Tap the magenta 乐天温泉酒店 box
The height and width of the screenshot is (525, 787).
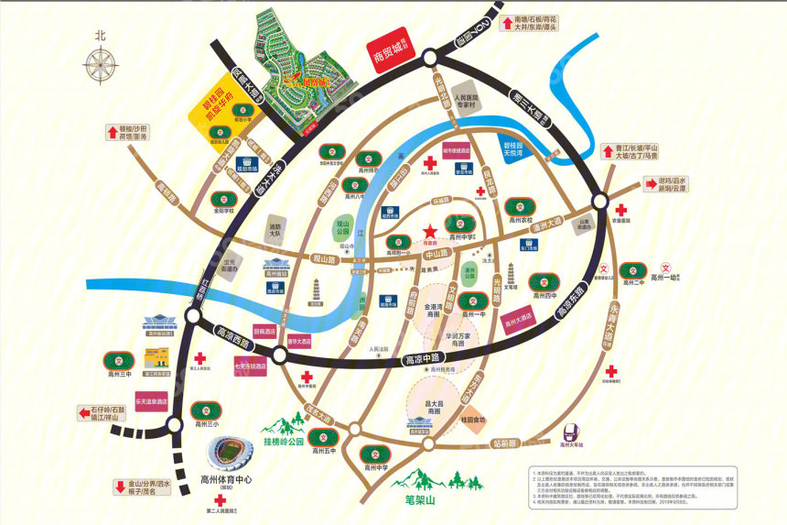pyautogui.click(x=152, y=402)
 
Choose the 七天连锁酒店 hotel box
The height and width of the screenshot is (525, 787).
pyautogui.click(x=250, y=365)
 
